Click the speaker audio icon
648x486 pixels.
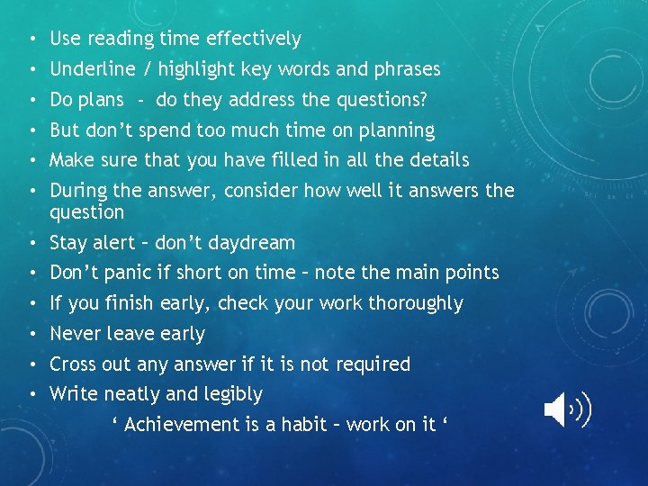[x=567, y=410]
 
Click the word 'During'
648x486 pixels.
[x=78, y=191]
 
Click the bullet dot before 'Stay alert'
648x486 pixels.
[x=31, y=243]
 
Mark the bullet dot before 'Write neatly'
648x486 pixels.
[x=31, y=394]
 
